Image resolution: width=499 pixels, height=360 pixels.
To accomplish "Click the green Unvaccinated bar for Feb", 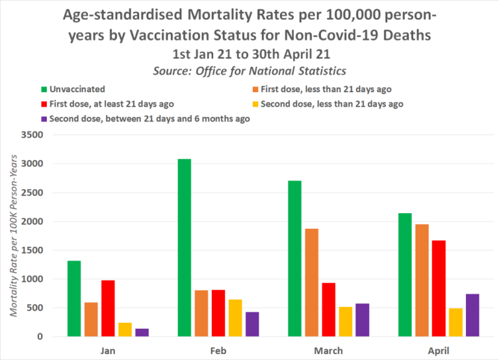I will (x=184, y=248).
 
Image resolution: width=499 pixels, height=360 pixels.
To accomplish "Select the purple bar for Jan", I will (x=142, y=333).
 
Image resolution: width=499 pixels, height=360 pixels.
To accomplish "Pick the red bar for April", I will (x=439, y=289).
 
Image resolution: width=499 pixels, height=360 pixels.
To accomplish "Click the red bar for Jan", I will (x=108, y=309).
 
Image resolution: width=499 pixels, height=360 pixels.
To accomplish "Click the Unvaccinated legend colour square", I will (x=44, y=89).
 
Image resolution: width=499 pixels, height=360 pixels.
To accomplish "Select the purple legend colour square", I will (x=44, y=119).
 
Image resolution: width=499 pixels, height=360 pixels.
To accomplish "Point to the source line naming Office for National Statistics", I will (x=249, y=71).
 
